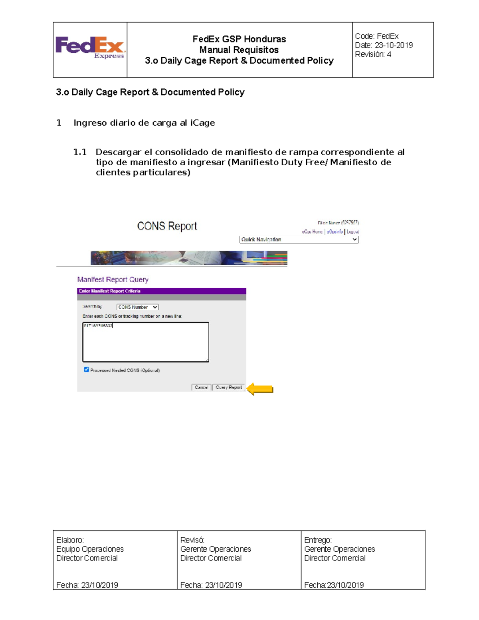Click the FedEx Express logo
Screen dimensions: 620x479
coord(90,48)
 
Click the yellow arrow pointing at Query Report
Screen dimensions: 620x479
coord(260,389)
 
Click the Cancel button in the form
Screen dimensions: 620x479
coord(201,387)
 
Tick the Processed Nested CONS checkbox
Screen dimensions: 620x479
coord(86,370)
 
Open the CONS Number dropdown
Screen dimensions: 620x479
coord(138,307)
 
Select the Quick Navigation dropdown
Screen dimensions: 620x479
coord(299,240)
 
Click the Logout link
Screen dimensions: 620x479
coord(352,232)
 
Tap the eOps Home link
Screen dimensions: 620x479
coord(312,232)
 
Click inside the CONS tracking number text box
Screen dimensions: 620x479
coord(145,342)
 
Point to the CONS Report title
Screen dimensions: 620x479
coord(167,226)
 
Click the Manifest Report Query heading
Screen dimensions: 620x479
coord(113,279)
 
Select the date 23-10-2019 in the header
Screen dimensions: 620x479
coord(394,45)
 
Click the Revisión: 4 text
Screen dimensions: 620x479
coord(373,54)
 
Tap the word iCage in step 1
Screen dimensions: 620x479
coord(202,123)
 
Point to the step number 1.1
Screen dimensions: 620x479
coord(80,152)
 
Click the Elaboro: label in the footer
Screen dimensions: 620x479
coord(70,540)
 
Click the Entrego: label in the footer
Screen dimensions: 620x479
coord(318,540)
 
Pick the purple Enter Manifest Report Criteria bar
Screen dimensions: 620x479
coord(161,291)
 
